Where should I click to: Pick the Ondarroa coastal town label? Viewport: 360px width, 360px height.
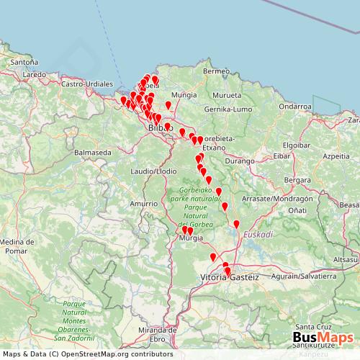click(294, 105)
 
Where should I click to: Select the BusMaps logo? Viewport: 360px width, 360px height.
click(323, 338)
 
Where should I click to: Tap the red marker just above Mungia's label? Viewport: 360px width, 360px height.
click(168, 105)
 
